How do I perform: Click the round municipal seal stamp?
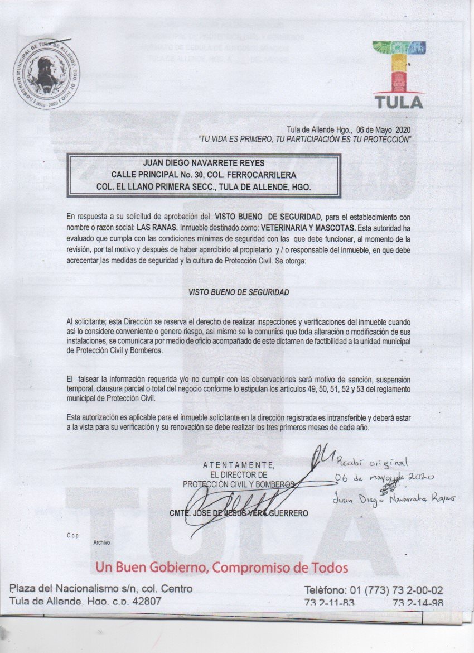pyautogui.click(x=46, y=76)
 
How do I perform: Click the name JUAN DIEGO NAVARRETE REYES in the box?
pyautogui.click(x=204, y=163)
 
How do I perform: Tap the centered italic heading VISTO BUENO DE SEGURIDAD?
pyautogui.click(x=239, y=292)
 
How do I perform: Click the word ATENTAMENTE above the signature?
pyautogui.click(x=239, y=465)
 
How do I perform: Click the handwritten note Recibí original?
pyautogui.click(x=373, y=463)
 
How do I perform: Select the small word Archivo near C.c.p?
pyautogui.click(x=101, y=542)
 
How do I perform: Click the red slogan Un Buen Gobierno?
pyautogui.click(x=222, y=568)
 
